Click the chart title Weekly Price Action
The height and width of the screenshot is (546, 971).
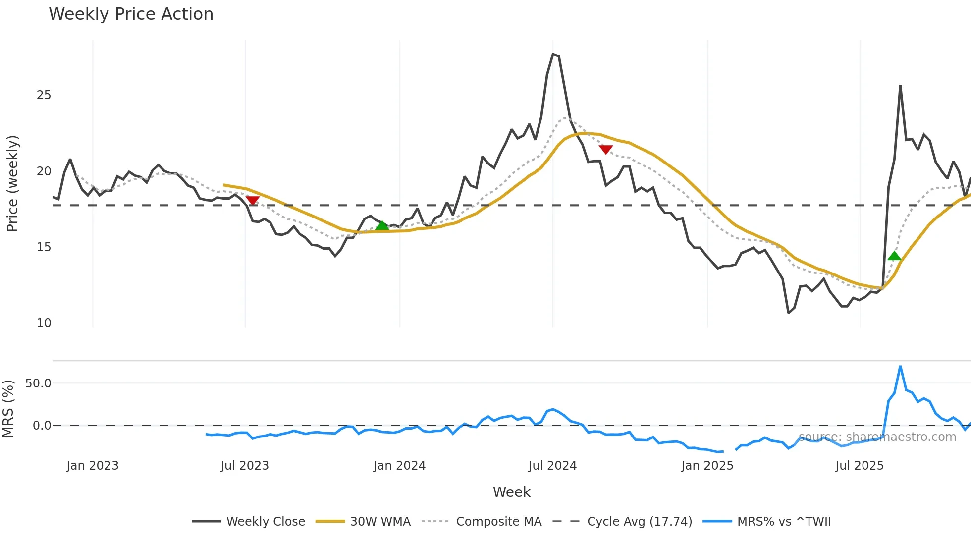(131, 14)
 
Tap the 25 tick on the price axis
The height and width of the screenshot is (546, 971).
(44, 95)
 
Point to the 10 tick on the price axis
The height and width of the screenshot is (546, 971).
(44, 323)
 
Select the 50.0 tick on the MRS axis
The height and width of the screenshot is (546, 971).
(38, 383)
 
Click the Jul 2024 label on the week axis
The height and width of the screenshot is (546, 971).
(552, 466)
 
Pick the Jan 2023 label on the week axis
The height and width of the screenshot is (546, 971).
(93, 466)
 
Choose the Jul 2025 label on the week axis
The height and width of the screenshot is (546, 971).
(860, 466)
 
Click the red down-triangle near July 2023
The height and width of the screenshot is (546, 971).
(253, 200)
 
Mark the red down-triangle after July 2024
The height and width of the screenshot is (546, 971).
(606, 149)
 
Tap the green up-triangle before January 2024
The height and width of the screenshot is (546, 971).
(382, 226)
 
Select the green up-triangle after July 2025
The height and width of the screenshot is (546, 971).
(894, 256)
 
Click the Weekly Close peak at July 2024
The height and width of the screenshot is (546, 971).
(553, 54)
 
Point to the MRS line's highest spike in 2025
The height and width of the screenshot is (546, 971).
(900, 367)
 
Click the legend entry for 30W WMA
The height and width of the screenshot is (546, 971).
(380, 522)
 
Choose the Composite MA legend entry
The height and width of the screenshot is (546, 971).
(498, 522)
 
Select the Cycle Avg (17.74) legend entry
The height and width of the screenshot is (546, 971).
(639, 522)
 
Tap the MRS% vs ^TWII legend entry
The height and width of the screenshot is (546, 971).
(784, 522)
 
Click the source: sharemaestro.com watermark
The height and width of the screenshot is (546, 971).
(877, 437)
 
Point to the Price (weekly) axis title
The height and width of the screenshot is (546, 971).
(12, 183)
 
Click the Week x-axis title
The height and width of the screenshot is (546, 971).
(511, 492)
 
